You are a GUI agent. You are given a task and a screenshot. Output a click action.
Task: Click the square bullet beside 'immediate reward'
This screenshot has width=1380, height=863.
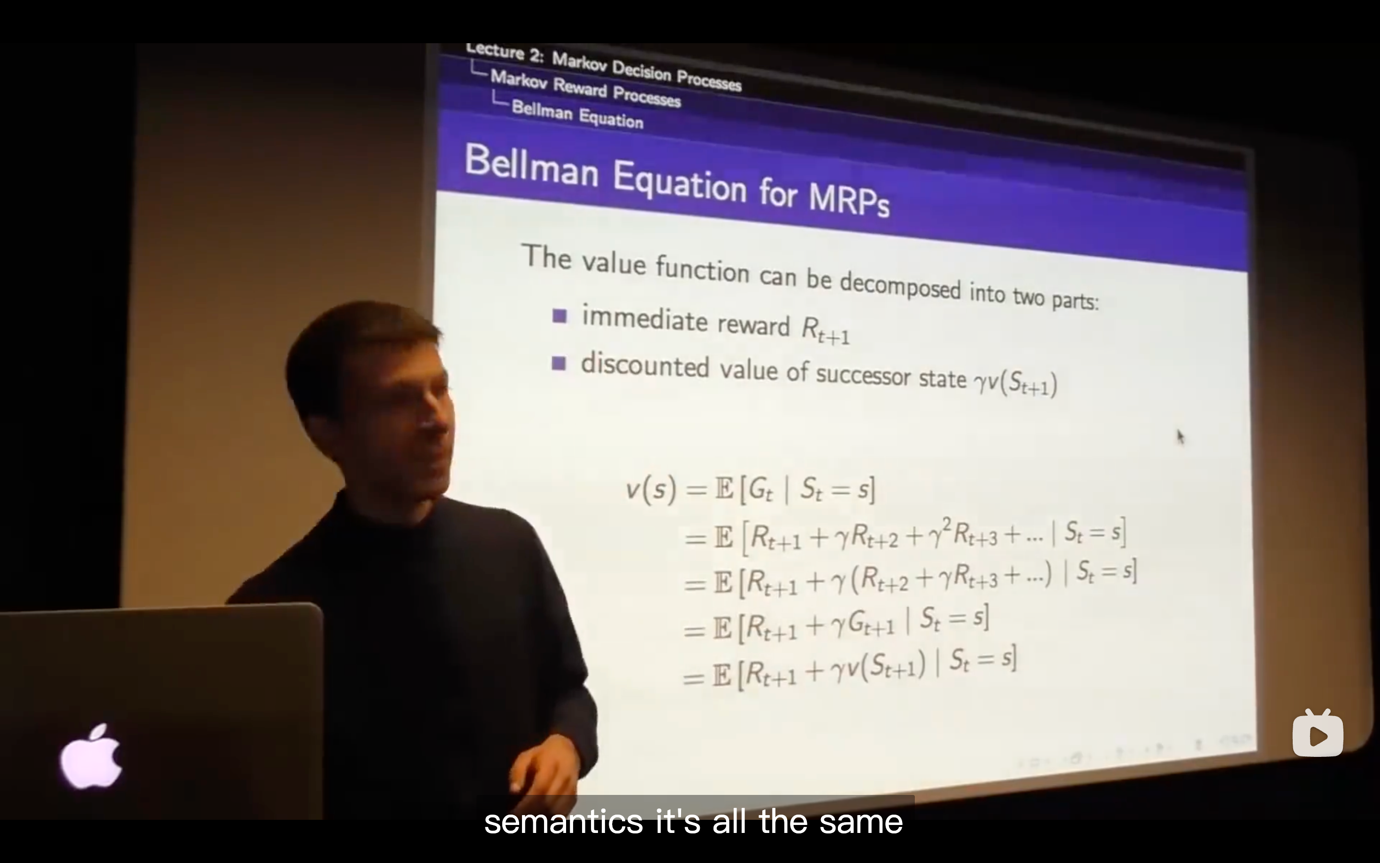[x=560, y=316]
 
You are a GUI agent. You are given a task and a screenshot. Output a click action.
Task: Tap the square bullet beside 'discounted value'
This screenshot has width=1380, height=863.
[x=559, y=363]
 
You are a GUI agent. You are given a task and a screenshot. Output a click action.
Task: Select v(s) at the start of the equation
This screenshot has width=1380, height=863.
[x=651, y=490]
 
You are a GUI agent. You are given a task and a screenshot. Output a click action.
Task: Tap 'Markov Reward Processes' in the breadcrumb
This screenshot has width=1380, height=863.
[x=585, y=88]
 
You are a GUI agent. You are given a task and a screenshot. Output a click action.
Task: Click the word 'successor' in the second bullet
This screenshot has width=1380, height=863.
[x=863, y=374]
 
